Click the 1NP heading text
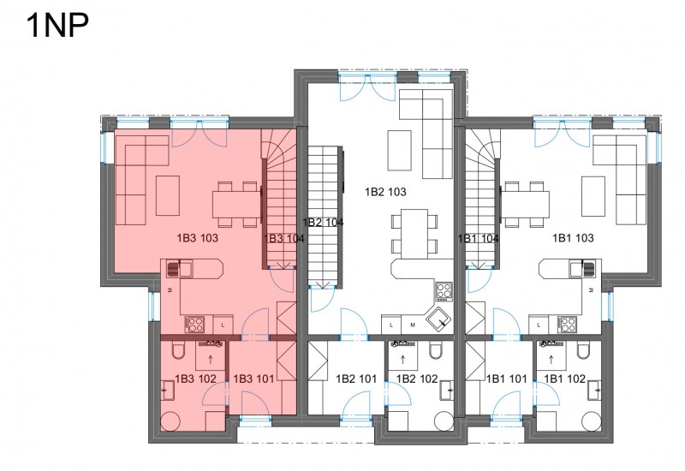(x=57, y=26)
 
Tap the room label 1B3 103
(x=198, y=238)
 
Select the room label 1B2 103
(x=385, y=192)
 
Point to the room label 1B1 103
(x=573, y=238)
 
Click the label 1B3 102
(x=196, y=379)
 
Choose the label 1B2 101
(x=356, y=379)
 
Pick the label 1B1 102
(x=565, y=379)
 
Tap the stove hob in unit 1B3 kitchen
(x=194, y=325)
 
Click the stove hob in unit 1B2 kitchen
(x=444, y=291)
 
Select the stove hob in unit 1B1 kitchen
(x=567, y=325)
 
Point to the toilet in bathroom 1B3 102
(x=179, y=350)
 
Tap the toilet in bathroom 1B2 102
(x=436, y=349)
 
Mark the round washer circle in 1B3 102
(x=170, y=420)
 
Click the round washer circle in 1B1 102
(x=592, y=420)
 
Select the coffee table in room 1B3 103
(x=168, y=195)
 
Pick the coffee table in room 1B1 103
(x=593, y=196)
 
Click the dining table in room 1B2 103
(x=414, y=233)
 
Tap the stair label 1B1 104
(x=478, y=239)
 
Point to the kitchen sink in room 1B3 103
(x=180, y=268)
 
